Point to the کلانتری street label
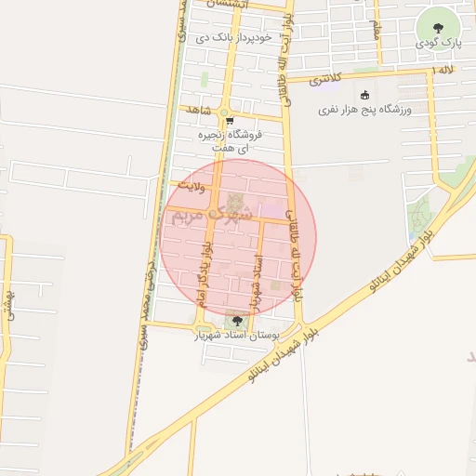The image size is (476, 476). [325, 78]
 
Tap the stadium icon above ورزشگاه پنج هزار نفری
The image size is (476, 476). [364, 95]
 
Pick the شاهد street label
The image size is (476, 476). [199, 110]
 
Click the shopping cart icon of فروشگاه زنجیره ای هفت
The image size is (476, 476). [229, 121]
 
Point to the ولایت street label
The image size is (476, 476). [189, 186]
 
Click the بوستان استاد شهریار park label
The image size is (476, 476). [236, 334]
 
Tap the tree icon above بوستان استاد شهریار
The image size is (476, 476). [237, 321]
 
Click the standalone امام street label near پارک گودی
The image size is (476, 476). [376, 30]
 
